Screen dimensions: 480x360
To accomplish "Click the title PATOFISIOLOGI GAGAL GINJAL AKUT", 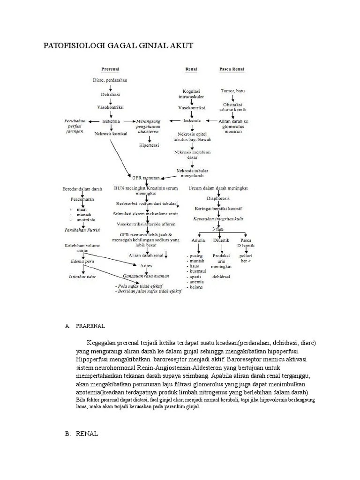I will pos(118,45).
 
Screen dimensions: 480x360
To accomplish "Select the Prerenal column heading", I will pos(109,70).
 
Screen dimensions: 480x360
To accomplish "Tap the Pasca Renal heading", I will pos(232,70).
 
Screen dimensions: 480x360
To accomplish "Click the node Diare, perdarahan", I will pos(110,80).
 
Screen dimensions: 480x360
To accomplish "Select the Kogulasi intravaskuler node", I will pos(191,94).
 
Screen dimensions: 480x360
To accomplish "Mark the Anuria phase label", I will pos(198,240).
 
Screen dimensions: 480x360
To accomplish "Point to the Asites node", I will pos(146,265).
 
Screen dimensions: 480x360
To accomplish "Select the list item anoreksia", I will pos(85,220).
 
